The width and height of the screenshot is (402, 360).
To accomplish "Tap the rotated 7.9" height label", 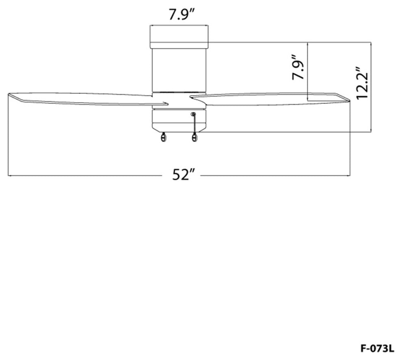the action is point(298,67).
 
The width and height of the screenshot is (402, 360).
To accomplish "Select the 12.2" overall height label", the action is point(362,83).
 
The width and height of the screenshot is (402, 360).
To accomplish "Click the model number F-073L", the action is point(377,349).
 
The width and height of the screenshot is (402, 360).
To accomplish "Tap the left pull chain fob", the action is point(163,138).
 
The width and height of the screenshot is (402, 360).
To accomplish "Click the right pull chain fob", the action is point(195,138).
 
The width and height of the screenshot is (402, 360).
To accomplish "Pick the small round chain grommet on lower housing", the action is point(193,114).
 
